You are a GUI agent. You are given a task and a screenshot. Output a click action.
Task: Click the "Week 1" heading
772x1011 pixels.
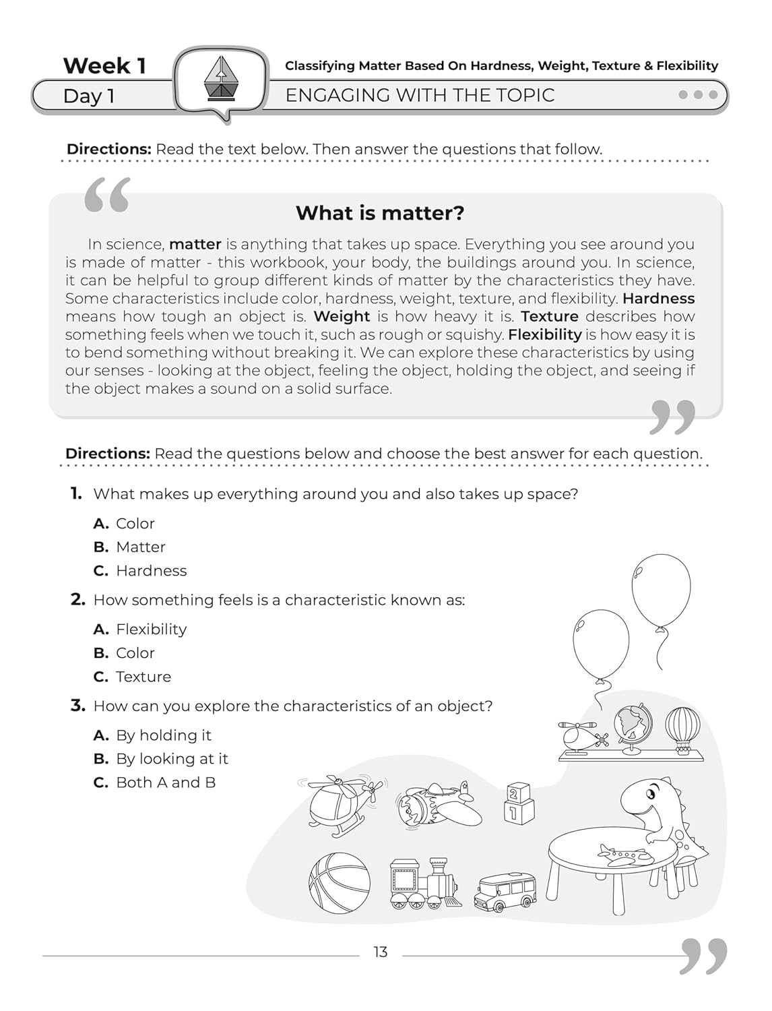pos(104,66)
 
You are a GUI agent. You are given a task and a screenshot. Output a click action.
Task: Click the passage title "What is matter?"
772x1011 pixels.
pos(380,213)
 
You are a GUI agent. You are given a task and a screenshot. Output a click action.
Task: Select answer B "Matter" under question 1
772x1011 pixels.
pos(140,547)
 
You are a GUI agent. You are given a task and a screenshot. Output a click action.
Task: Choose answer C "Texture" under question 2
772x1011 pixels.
pos(143,677)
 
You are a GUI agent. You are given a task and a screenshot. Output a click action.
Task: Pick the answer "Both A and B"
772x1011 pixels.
pos(165,783)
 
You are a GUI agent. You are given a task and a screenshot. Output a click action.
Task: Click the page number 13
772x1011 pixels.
pos(381,952)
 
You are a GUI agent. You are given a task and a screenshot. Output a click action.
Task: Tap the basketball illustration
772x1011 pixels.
pos(340,883)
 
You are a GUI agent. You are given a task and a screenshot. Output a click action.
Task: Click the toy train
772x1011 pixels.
pos(424,884)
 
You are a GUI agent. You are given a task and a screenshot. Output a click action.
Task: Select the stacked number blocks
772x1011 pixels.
pos(519,803)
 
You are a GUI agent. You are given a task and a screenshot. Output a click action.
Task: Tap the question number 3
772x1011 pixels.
pos(77,706)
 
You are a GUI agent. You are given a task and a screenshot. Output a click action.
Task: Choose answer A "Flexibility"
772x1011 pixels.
pos(151,630)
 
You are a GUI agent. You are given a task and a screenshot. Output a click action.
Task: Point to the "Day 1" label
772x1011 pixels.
pos(89,96)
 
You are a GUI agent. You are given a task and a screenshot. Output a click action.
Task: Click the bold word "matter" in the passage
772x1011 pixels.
pos(195,244)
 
